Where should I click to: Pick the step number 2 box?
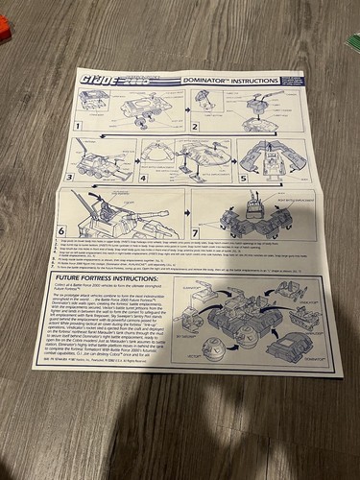[195, 124]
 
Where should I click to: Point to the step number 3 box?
[70, 179]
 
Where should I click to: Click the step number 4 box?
[143, 179]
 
